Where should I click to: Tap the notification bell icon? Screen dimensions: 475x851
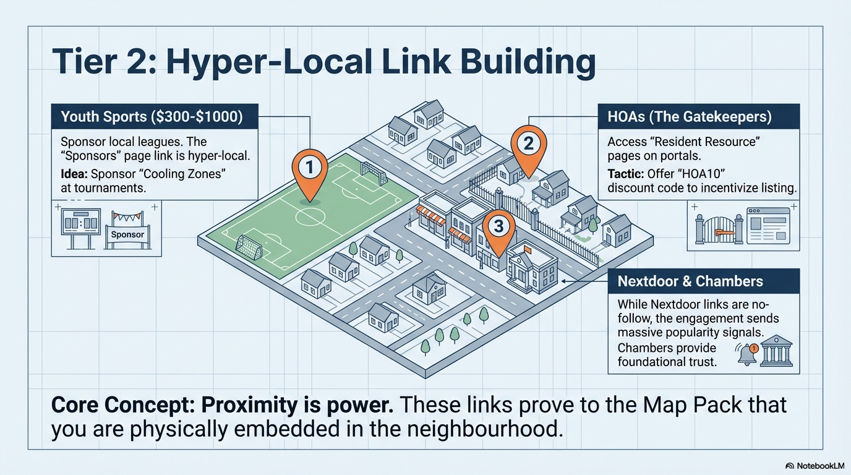coord(747,354)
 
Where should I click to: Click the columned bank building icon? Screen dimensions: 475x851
coord(776,354)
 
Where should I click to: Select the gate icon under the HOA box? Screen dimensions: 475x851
coord(717,227)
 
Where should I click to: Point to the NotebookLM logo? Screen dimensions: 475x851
coord(815,465)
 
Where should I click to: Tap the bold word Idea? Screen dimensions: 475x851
coord(74,174)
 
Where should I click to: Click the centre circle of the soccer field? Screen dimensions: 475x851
coord(309,216)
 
